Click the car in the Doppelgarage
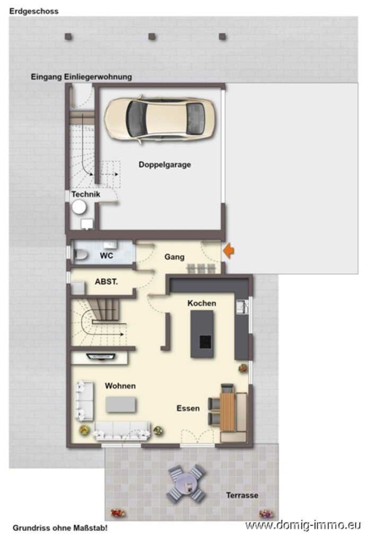[x=161, y=119]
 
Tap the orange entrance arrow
[x=228, y=250]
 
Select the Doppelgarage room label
[x=165, y=165]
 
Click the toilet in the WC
[x=81, y=255]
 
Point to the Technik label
[x=86, y=194]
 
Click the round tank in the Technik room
[x=79, y=207]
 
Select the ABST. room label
[x=107, y=282]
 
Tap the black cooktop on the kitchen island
[x=206, y=342]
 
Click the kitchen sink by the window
[x=242, y=307]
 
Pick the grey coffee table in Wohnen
[x=120, y=405]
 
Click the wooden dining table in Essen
[x=227, y=411]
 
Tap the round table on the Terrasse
[x=187, y=483]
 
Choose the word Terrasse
[x=242, y=496]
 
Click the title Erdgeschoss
[x=34, y=11]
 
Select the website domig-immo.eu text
[x=303, y=525]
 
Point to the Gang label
[x=174, y=257]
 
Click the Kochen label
[x=202, y=303]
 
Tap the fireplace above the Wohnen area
[x=101, y=357]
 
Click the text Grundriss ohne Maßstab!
[x=60, y=528]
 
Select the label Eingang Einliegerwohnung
[x=82, y=77]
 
